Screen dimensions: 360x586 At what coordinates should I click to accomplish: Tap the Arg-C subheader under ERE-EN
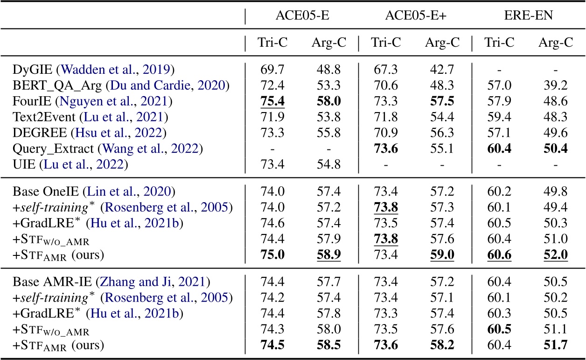tap(556, 43)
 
